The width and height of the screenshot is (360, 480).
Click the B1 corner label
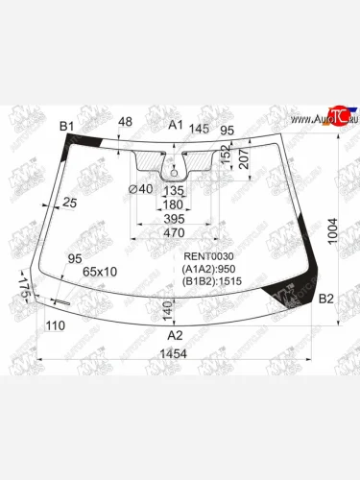pyautogui.click(x=66, y=126)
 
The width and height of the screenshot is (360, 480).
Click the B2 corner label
pyautogui.click(x=325, y=300)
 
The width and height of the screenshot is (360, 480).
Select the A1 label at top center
pyautogui.click(x=176, y=126)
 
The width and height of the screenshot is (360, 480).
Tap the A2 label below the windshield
pyautogui.click(x=176, y=336)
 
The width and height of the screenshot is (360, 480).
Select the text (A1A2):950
pyautogui.click(x=210, y=269)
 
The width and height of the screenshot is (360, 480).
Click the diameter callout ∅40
pyautogui.click(x=140, y=188)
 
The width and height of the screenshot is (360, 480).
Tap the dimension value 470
pyautogui.click(x=174, y=232)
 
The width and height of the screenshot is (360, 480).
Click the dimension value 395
pyautogui.click(x=174, y=219)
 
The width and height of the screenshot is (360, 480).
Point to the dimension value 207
pyautogui.click(x=243, y=163)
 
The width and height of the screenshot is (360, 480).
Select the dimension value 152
pyautogui.click(x=223, y=154)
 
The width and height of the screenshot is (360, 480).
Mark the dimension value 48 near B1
pyautogui.click(x=126, y=121)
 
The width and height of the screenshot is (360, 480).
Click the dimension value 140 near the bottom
pyautogui.click(x=167, y=310)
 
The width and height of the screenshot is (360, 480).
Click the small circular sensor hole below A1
pyautogui.click(x=176, y=174)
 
